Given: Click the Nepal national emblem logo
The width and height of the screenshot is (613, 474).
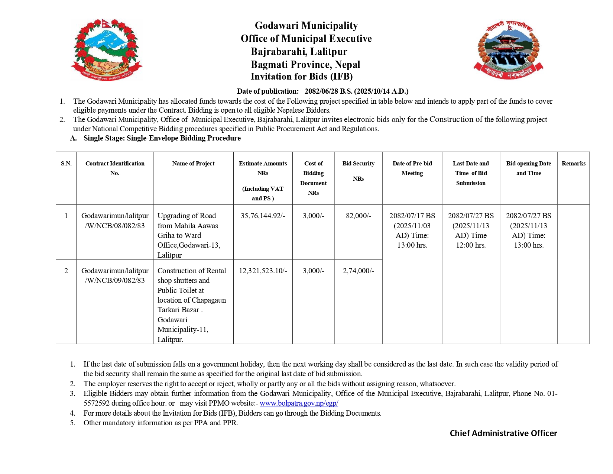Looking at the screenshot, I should coord(107,49).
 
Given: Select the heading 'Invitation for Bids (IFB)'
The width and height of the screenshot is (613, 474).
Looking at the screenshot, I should coord(301,77).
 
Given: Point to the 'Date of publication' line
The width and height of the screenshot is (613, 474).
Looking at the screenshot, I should coord(322,91).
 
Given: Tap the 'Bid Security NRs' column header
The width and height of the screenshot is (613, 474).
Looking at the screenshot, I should coord(358,171).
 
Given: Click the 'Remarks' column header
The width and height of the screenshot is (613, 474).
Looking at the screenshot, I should coord(573,164).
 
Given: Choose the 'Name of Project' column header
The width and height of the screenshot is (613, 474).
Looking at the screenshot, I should coord(193,164).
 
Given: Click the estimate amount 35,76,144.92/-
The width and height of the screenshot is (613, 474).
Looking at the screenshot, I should coord(263,216).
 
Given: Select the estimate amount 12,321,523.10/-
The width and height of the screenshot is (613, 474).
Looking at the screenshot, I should coord(263,271).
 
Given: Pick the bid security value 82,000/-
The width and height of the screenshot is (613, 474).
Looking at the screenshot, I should coord(358,216).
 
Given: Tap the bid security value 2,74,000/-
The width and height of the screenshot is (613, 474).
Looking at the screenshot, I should coord(358,271).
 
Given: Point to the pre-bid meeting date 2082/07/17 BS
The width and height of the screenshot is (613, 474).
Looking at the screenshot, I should coord(412,216).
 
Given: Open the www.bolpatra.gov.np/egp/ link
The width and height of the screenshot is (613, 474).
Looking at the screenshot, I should coord(299,403).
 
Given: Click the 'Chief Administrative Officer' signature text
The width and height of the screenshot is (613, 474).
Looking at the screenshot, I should coord(503,433).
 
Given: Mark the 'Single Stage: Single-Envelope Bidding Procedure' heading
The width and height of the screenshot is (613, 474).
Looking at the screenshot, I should coord(162,138).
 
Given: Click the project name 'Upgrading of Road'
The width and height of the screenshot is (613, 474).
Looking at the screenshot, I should coord(187,216).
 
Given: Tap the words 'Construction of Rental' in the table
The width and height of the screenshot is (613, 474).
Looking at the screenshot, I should coord(192,271).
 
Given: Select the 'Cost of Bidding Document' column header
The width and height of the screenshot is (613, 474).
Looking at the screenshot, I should coord(313,178).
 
